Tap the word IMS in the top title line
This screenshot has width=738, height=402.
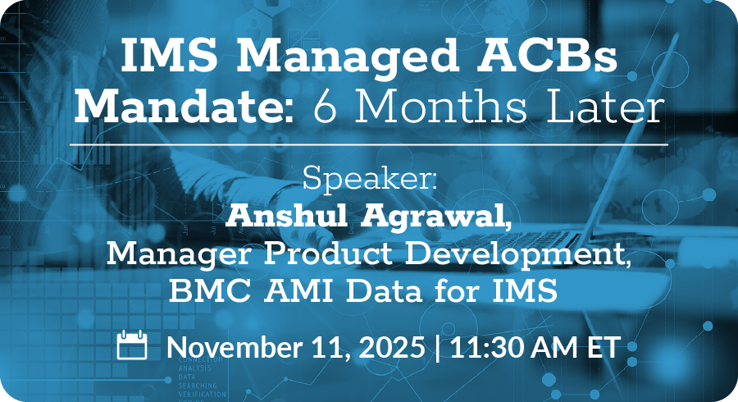pos(169,55)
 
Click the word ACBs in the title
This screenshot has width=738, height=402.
pos(547,55)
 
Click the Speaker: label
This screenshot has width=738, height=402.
pos(370,178)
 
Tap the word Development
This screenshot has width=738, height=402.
pos(517,254)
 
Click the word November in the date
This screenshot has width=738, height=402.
pos(235,347)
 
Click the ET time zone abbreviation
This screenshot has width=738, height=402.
pos(603,347)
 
